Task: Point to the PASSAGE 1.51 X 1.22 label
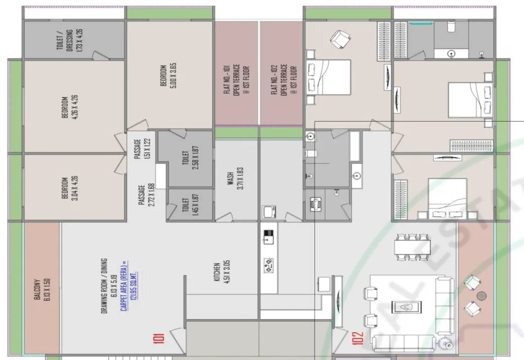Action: [x=142, y=149]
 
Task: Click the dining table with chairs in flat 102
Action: [x=413, y=247]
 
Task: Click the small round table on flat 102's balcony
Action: [x=482, y=295]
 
